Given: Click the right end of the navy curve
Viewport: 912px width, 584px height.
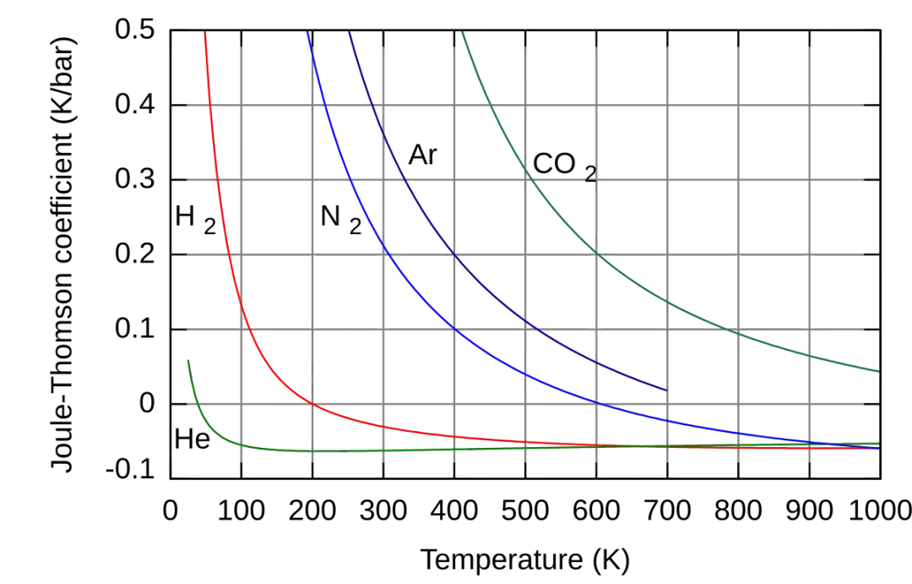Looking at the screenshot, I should click(x=666, y=390).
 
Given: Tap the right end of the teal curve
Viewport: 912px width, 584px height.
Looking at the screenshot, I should click(x=877, y=371).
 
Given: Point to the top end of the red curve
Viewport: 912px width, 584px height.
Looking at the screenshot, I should click(x=205, y=34).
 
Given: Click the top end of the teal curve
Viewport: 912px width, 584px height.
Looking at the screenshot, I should click(x=462, y=34).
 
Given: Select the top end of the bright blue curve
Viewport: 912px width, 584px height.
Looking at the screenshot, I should click(x=308, y=34).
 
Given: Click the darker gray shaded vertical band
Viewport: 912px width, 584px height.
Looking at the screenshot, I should click(x=632, y=211).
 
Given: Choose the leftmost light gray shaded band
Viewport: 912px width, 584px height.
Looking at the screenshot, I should click(x=418, y=211).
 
